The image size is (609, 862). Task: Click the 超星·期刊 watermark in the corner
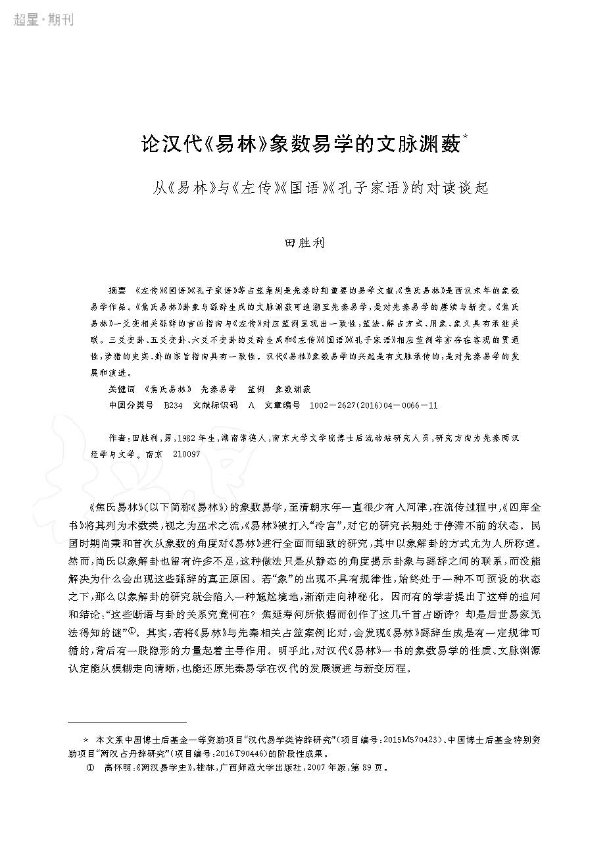coord(43,20)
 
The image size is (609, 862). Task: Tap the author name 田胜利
coord(304,242)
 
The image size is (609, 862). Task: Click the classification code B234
coord(173,405)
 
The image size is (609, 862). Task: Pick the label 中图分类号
coord(130,405)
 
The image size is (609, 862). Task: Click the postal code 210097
coord(186,454)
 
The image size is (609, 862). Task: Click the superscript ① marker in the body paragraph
coord(132,630)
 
